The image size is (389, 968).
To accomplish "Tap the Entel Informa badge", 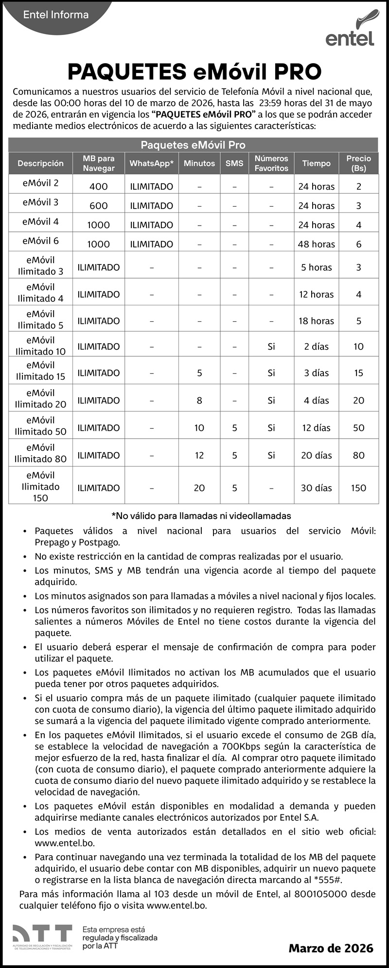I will pyautogui.click(x=56, y=15).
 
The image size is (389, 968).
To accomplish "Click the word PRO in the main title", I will pyautogui.click(x=297, y=72).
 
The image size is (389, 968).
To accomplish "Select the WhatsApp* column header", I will pyautogui.click(x=151, y=163).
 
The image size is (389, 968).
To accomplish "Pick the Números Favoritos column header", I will pyautogui.click(x=271, y=163).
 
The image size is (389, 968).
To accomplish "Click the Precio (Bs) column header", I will pyautogui.click(x=358, y=163).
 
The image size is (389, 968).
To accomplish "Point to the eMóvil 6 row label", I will pyautogui.click(x=40, y=241).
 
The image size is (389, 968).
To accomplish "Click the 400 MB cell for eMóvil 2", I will pyautogui.click(x=99, y=186).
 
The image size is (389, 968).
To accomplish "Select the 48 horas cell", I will pyautogui.click(x=316, y=244).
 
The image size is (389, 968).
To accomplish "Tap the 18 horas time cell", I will pyautogui.click(x=316, y=321).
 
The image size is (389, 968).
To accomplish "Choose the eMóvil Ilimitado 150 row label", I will pyautogui.click(x=40, y=486).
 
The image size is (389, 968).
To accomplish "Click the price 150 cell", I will pyautogui.click(x=358, y=488).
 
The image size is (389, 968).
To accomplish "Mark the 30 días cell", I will pyautogui.click(x=316, y=488).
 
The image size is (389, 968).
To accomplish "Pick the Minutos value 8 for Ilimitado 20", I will pyautogui.click(x=199, y=401).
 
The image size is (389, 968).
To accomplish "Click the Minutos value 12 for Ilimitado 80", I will pyautogui.click(x=199, y=456).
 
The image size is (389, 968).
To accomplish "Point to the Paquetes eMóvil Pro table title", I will pyautogui.click(x=193, y=145).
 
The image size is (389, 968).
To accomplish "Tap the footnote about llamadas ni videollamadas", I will pyautogui.click(x=201, y=515).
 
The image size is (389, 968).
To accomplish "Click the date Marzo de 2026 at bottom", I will pyautogui.click(x=331, y=948).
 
